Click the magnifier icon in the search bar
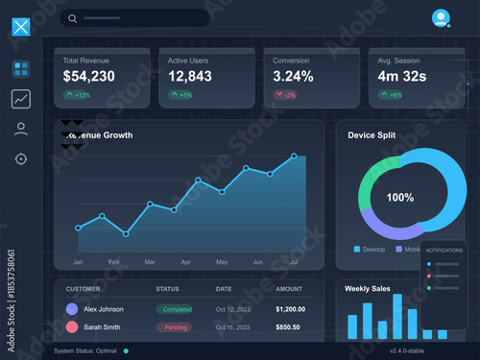coord(73,18)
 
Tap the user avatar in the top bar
coord(440,16)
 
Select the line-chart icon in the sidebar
coord(21,98)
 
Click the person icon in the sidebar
coord(21,129)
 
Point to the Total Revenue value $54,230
coord(89,76)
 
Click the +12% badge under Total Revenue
coord(78,95)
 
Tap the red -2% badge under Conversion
coord(285,95)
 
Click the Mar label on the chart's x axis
coord(150,261)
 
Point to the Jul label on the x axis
coord(294,261)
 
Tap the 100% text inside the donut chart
coord(399,198)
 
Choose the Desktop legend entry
coord(370,249)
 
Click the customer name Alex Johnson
coord(104,309)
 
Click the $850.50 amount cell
coord(289,327)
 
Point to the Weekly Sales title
coord(369,287)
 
